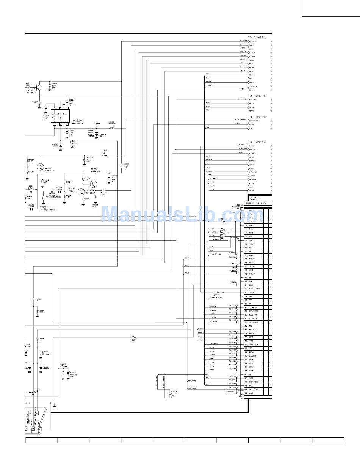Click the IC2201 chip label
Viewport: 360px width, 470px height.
79,120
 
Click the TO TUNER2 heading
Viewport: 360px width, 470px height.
257,37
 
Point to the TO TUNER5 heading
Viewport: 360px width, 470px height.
257,96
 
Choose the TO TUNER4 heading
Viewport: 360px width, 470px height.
257,117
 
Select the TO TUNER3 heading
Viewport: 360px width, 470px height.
257,142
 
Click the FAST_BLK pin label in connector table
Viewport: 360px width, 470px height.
254,289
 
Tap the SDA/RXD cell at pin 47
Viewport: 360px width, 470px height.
254,382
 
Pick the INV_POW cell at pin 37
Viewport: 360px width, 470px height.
254,344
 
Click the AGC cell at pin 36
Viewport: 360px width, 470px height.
251,341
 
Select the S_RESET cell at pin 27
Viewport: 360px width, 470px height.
254,307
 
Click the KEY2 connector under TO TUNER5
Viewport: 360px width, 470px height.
251,107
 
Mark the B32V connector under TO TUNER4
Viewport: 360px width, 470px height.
251,124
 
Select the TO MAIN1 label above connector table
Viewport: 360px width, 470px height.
255,198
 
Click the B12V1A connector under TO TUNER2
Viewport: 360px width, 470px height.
253,41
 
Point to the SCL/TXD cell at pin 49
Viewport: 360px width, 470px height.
254,389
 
